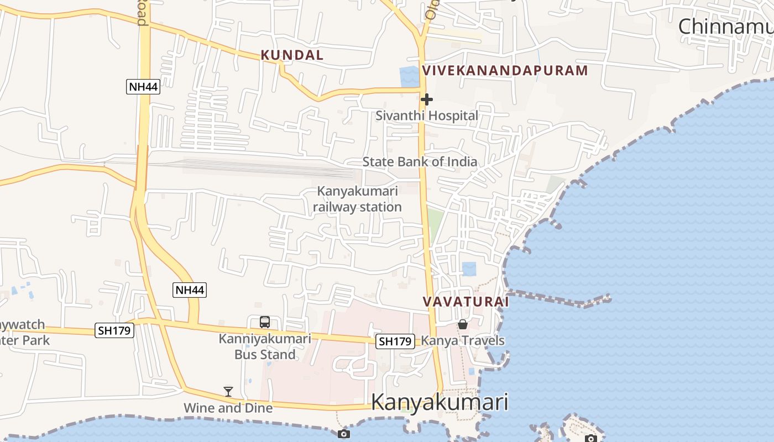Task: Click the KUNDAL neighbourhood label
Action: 292,55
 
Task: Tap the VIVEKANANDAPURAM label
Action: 505,70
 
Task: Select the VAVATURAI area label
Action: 466,302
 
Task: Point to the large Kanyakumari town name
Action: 440,402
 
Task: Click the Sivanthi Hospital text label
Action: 426,115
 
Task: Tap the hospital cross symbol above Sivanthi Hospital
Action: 426,99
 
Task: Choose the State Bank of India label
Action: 420,162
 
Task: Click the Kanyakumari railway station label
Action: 357,199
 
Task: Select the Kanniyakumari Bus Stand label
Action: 265,346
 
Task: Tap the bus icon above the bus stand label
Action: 265,322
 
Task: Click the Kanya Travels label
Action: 463,340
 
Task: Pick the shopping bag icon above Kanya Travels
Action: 463,324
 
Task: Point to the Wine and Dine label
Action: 228,408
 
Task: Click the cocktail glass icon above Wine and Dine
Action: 228,392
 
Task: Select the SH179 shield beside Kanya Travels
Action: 395,341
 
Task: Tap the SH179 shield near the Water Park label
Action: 114,330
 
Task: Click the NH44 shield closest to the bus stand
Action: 190,290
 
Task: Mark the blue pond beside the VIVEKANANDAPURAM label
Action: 409,77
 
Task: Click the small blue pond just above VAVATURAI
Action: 469,269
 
